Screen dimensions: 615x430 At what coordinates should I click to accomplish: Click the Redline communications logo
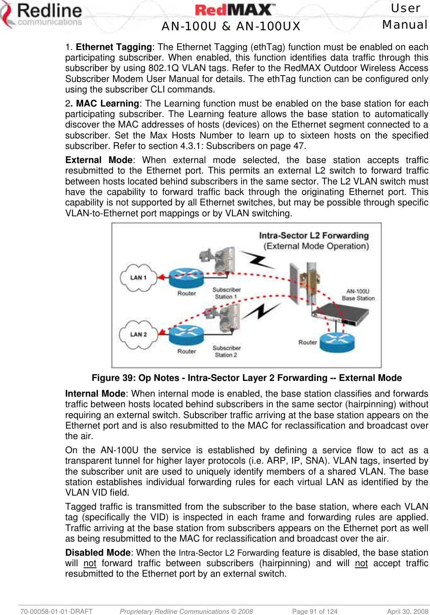42,15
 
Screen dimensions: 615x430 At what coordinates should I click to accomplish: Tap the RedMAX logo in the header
235,10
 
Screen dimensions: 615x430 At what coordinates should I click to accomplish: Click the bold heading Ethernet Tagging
114,47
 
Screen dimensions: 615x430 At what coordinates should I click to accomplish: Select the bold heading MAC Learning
107,104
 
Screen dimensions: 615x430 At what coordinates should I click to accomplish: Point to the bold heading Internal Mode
95,394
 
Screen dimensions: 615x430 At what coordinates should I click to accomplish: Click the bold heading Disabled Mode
98,553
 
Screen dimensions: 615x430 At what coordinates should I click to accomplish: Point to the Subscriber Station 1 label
227,293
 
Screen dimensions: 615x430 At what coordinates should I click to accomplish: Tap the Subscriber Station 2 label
227,351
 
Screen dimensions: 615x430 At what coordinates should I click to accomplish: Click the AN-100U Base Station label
358,295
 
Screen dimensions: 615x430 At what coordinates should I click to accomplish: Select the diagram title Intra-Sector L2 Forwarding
314,235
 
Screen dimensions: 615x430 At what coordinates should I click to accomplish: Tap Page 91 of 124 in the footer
315,611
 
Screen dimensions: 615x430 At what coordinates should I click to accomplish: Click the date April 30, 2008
407,611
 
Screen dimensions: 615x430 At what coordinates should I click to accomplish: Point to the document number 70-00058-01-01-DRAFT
57,611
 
